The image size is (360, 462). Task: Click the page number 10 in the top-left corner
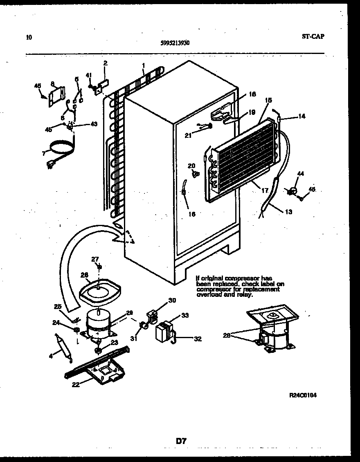coord(28,38)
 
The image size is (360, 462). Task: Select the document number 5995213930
coord(175,43)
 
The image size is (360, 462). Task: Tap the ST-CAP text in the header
coord(313,36)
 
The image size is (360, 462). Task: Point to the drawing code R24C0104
coord(303,395)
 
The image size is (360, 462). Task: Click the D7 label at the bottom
coord(181,441)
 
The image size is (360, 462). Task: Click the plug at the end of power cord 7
coord(52,165)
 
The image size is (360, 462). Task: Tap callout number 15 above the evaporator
coord(268,100)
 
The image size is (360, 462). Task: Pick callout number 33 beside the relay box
coord(185,315)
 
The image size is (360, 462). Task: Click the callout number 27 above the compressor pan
coord(95,258)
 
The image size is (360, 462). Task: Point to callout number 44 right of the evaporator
coord(301,174)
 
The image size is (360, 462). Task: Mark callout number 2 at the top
coord(105,63)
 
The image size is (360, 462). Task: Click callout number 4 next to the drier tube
coord(51,356)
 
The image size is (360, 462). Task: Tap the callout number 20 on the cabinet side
coord(191,166)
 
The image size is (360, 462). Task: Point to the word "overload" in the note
coord(208,294)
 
